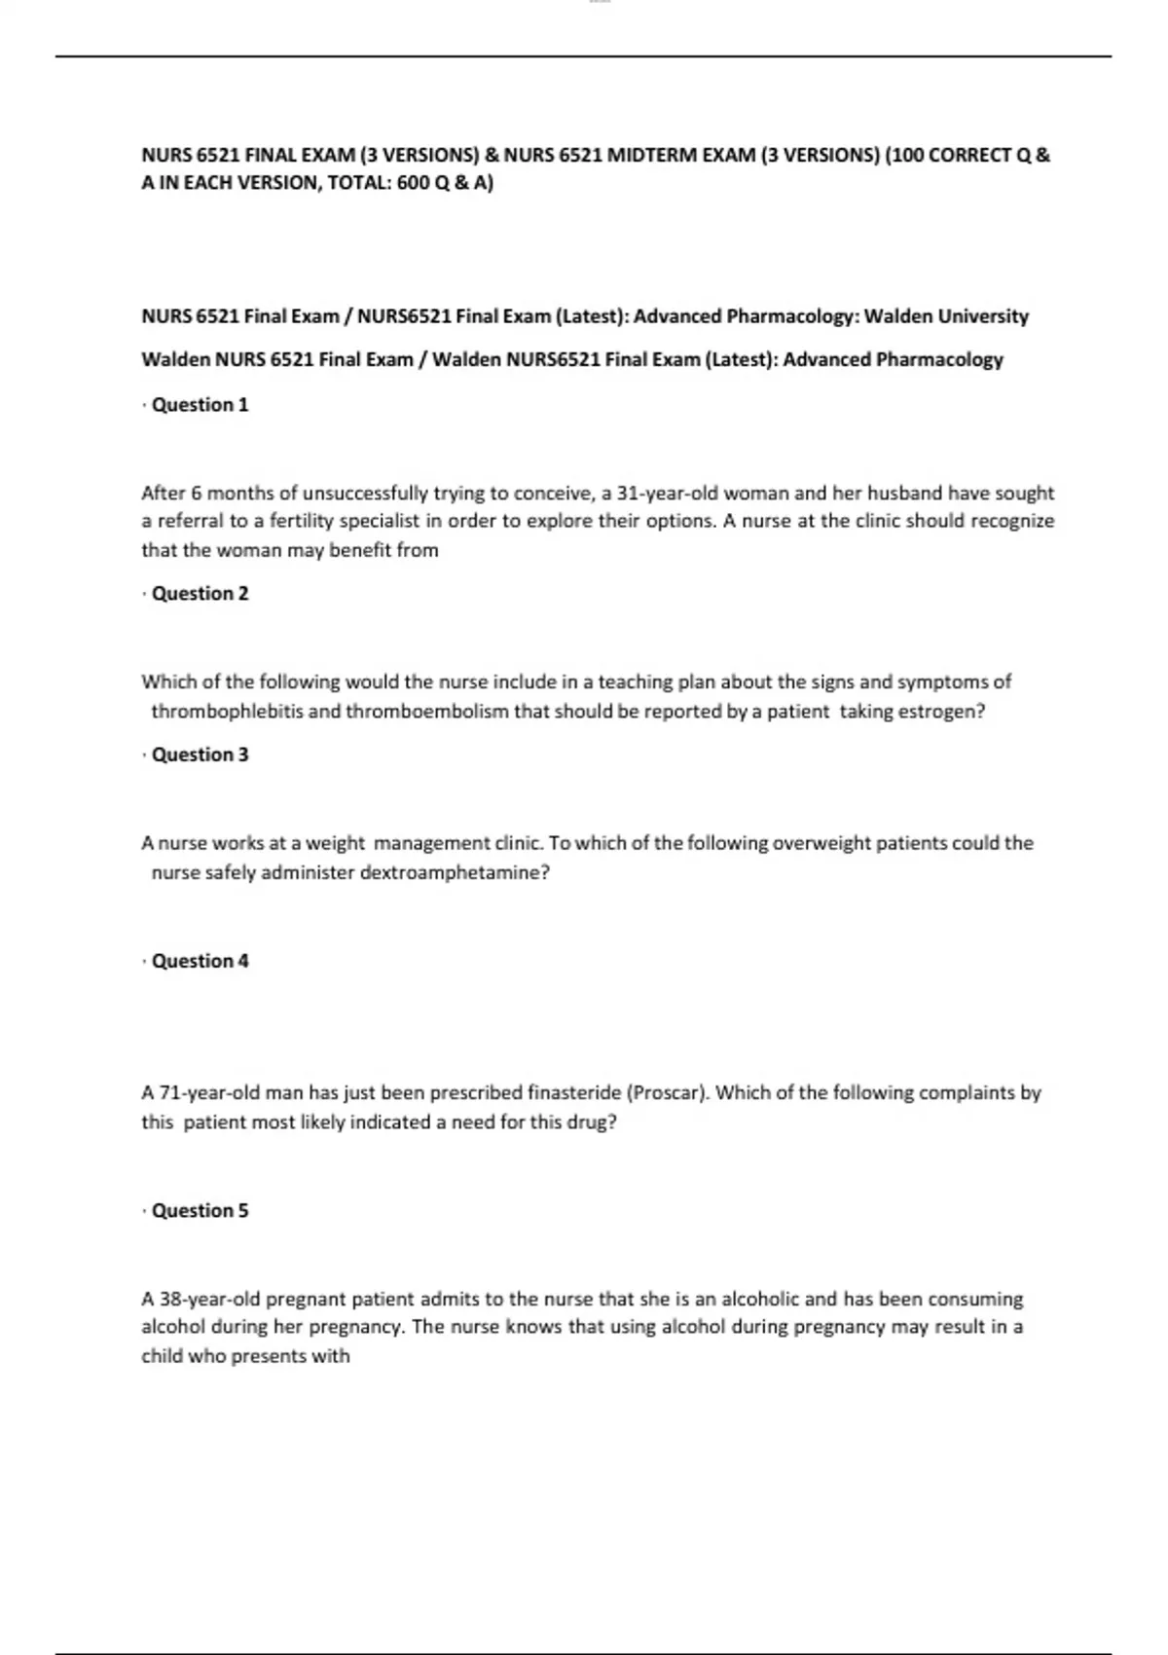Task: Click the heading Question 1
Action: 200,405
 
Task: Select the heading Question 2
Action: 200,594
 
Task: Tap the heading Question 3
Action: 200,754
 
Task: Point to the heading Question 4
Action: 200,961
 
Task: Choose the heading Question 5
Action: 200,1211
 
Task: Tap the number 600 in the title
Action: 413,183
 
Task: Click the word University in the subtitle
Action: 983,316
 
